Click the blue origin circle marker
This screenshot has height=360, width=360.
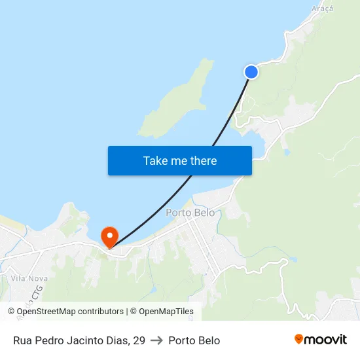point(251,72)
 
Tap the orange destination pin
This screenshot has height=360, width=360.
point(108,236)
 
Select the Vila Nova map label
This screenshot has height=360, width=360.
point(24,278)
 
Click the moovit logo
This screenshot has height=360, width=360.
point(321,340)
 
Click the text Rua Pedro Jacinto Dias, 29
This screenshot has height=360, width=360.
point(79,340)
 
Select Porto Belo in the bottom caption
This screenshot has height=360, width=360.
point(194,340)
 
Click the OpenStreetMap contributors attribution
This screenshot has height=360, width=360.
point(70,312)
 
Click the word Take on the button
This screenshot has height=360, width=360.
point(156,160)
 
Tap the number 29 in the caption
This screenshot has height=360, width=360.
point(139,340)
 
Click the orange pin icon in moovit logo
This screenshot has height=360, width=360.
point(299,339)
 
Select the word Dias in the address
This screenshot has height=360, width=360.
point(118,340)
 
